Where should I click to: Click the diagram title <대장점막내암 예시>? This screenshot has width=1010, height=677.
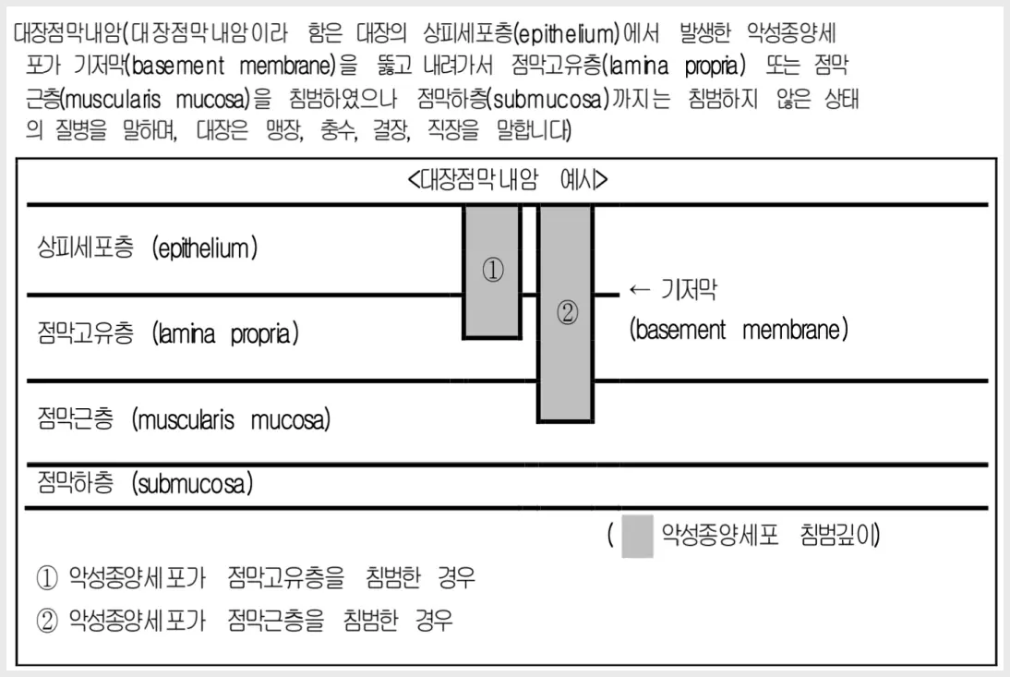pos(508,180)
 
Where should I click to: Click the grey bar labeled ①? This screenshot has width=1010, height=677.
pos(492,272)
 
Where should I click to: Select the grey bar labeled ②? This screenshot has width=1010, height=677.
pos(566,314)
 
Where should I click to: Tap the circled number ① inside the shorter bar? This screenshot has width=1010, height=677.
pos(493,270)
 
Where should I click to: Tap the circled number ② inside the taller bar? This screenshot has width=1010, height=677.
pos(567,313)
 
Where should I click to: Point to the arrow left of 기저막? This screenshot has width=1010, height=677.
pos(640,290)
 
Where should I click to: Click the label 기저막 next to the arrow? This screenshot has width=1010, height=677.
pos(689,291)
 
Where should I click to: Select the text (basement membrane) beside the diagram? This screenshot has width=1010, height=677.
pos(739,330)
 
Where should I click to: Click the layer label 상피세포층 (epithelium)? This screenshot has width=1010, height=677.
pos(148,248)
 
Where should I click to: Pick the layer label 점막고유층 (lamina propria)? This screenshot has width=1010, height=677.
pos(168,333)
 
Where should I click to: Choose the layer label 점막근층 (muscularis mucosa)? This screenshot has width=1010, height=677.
pos(184,419)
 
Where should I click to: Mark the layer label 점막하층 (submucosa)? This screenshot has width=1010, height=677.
pos(145,483)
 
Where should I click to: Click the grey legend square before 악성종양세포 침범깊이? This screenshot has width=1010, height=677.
pos(637,536)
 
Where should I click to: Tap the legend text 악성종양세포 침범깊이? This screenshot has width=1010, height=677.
pos(770,535)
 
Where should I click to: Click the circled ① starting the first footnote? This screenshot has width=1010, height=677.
pos(47,578)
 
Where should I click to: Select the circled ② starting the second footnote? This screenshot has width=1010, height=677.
pos(47,621)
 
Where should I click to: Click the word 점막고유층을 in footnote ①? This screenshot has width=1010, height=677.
pos(286,577)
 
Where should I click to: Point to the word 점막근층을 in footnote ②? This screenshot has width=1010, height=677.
pos(276,621)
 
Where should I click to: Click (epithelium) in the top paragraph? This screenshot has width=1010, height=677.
pos(568,33)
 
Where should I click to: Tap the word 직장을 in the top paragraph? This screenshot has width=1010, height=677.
pos(453,130)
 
